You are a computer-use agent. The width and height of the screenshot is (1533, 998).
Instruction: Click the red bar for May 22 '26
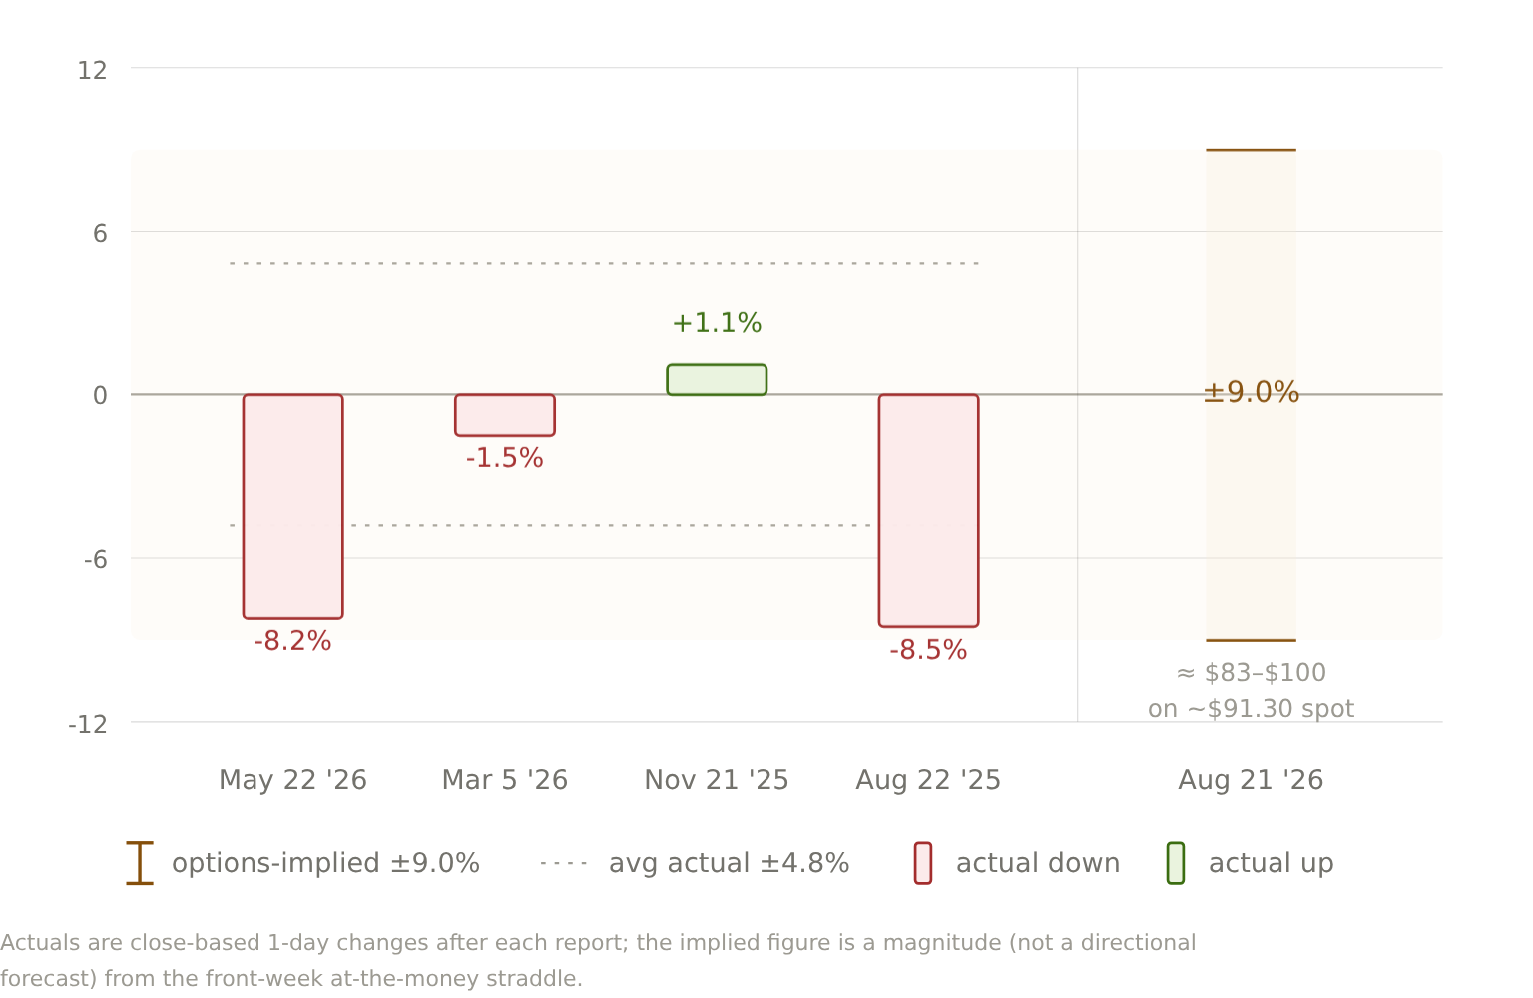292,507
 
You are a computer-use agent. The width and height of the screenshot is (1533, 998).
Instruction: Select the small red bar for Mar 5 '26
505,415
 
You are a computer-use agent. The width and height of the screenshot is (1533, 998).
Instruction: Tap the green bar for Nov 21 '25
717,380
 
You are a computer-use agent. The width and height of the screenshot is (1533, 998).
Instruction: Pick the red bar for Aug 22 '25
929,511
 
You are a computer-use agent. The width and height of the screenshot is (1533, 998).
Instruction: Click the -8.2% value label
292,642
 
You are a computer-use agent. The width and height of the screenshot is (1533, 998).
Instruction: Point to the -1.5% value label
505,459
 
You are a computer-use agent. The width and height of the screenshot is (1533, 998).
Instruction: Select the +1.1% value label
717,323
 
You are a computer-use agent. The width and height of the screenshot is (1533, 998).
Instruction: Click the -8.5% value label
929,651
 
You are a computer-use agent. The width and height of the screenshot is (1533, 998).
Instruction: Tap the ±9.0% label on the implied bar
1251,393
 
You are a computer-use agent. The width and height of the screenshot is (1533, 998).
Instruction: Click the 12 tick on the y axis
92,71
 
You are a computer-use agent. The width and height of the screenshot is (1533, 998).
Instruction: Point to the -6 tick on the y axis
96,560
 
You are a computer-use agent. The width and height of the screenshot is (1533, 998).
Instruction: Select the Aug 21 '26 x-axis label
1251,780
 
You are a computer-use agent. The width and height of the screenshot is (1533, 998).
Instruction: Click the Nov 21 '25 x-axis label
717,780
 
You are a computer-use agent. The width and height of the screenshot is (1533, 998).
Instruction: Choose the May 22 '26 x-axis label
292,780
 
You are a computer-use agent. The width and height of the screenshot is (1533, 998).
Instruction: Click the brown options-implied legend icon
140,863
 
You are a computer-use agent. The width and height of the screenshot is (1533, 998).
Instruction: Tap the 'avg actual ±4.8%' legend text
729,864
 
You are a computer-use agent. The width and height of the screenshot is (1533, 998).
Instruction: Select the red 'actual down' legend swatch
923,864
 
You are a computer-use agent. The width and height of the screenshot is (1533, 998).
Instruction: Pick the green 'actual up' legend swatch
1176,864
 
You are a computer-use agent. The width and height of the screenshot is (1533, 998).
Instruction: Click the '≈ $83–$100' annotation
1251,673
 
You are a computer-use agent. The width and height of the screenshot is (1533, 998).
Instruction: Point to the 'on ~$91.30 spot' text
1251,709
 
